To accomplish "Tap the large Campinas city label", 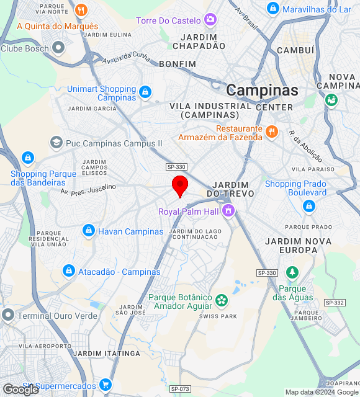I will click(x=262, y=90).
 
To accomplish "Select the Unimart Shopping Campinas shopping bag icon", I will click(x=145, y=92).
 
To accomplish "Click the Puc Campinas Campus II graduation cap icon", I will click(x=56, y=143).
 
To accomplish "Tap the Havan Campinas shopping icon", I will click(x=88, y=231).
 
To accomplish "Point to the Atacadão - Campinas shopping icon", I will click(x=69, y=272).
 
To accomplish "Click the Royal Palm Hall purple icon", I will click(x=228, y=212).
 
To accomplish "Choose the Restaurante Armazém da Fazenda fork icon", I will click(x=271, y=132).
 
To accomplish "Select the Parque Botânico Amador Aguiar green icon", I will click(x=221, y=301).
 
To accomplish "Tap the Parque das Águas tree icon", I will click(x=292, y=272).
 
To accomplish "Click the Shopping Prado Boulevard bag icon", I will click(x=308, y=206).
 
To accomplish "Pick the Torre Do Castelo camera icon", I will click(x=210, y=20).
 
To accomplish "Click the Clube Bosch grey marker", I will click(x=59, y=48).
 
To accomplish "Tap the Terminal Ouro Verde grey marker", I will click(x=7, y=315).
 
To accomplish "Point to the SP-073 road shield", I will click(x=179, y=389).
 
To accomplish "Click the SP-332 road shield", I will click(x=335, y=302).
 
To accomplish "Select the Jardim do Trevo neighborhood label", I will click(x=230, y=189).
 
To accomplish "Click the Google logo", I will click(x=21, y=389).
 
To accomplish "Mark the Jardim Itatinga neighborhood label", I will click(x=107, y=353).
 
